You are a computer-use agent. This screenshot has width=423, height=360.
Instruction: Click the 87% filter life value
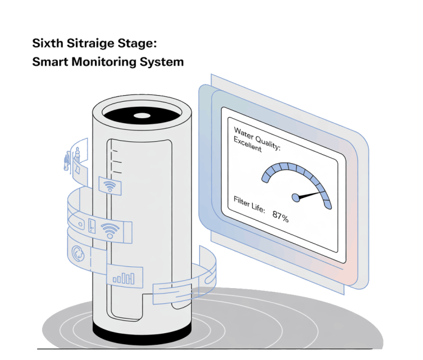point(281,216)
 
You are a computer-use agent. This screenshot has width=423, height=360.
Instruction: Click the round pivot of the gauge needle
point(296,197)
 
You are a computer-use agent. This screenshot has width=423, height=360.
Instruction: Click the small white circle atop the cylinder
point(141,114)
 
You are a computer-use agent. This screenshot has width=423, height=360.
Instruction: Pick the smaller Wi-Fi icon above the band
point(110,186)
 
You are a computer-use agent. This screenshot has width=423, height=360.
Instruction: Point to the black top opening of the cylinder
point(141,114)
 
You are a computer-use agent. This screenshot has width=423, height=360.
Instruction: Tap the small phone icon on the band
point(91,225)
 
